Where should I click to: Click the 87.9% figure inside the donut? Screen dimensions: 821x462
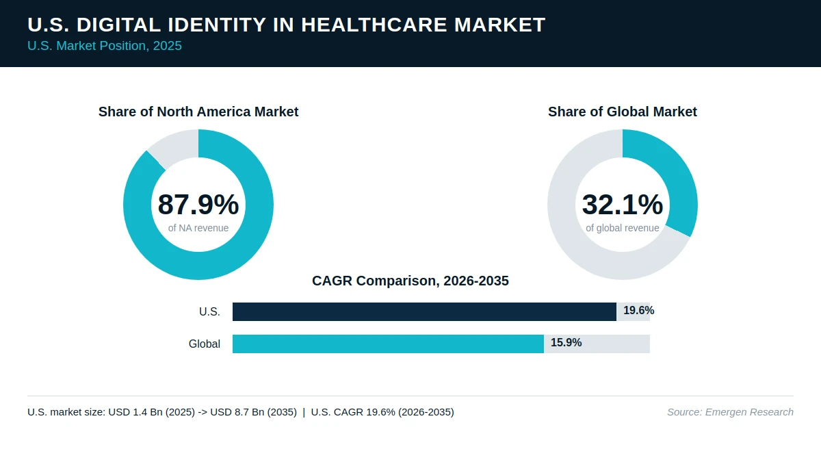click(x=198, y=204)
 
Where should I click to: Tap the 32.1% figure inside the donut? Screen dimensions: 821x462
click(x=623, y=204)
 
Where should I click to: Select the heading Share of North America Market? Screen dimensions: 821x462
click(x=198, y=112)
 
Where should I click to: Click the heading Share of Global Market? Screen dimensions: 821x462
click(x=623, y=112)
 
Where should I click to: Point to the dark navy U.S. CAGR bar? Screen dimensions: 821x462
click(x=424, y=311)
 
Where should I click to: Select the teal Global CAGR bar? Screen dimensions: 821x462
click(x=388, y=344)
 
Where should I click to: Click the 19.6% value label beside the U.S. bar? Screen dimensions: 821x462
click(x=639, y=311)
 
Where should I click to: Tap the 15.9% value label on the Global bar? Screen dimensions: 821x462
click(x=566, y=342)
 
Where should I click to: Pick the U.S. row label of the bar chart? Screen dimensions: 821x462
click(x=209, y=311)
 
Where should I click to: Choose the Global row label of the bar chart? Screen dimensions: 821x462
click(x=205, y=344)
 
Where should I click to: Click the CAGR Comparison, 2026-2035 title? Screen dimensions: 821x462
click(x=410, y=281)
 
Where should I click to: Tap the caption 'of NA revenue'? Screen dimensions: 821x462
click(x=198, y=228)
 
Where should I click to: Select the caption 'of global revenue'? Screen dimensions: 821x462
click(x=623, y=228)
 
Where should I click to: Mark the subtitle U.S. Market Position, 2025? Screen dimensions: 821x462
click(x=105, y=46)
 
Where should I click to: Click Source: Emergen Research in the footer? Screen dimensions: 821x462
click(x=730, y=412)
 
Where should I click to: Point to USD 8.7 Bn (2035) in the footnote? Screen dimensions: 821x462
click(x=254, y=412)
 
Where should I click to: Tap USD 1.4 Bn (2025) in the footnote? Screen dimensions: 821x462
click(x=152, y=412)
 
